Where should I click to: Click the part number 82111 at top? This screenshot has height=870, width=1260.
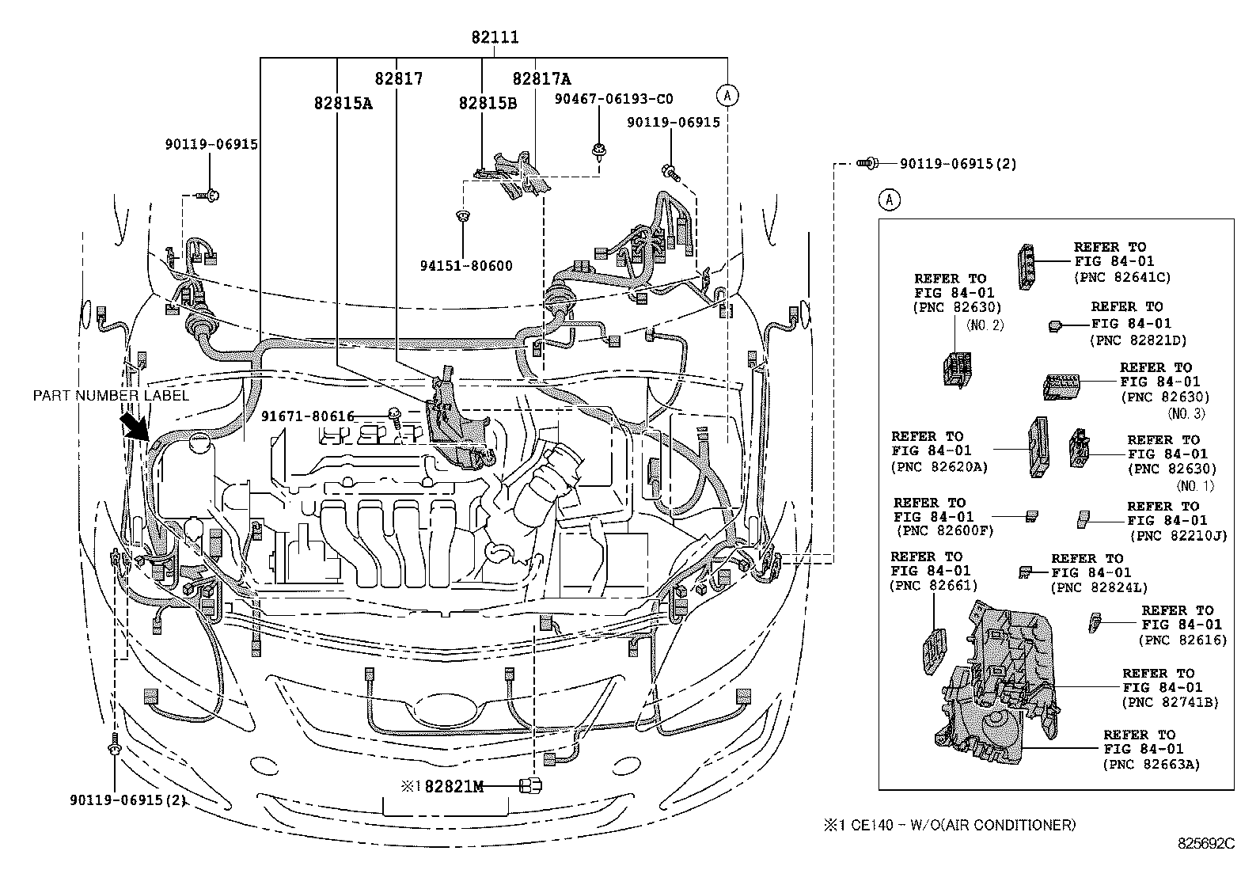pyautogui.click(x=495, y=37)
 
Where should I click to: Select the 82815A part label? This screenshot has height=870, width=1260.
pyautogui.click(x=343, y=103)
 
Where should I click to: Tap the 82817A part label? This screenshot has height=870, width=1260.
pyautogui.click(x=541, y=79)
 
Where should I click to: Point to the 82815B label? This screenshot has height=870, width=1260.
pyautogui.click(x=488, y=103)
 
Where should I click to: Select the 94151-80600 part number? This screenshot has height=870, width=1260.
pyautogui.click(x=466, y=266)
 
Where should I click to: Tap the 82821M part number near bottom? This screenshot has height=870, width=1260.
pyautogui.click(x=453, y=786)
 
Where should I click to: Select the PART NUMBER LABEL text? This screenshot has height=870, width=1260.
pyautogui.click(x=111, y=395)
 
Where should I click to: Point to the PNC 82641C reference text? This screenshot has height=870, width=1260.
pyautogui.click(x=1121, y=278)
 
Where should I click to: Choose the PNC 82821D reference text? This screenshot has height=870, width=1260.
pyautogui.click(x=1137, y=340)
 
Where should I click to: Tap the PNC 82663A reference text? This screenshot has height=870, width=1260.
pyautogui.click(x=1151, y=765)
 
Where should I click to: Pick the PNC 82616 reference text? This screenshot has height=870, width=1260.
pyautogui.click(x=1182, y=640)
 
